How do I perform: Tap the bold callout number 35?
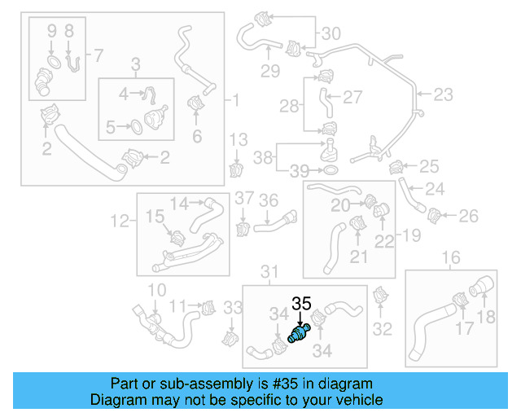301,304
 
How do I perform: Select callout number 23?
442,95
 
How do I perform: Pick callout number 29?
269,70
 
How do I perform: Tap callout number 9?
51,32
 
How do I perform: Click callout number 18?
486,318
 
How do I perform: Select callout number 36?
268,200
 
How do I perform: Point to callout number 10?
156,289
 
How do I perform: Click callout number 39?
300,170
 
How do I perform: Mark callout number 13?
237,139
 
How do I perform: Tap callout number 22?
383,241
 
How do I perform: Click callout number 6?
196,137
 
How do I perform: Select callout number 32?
382,329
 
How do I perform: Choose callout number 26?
469,216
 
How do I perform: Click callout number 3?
135,63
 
